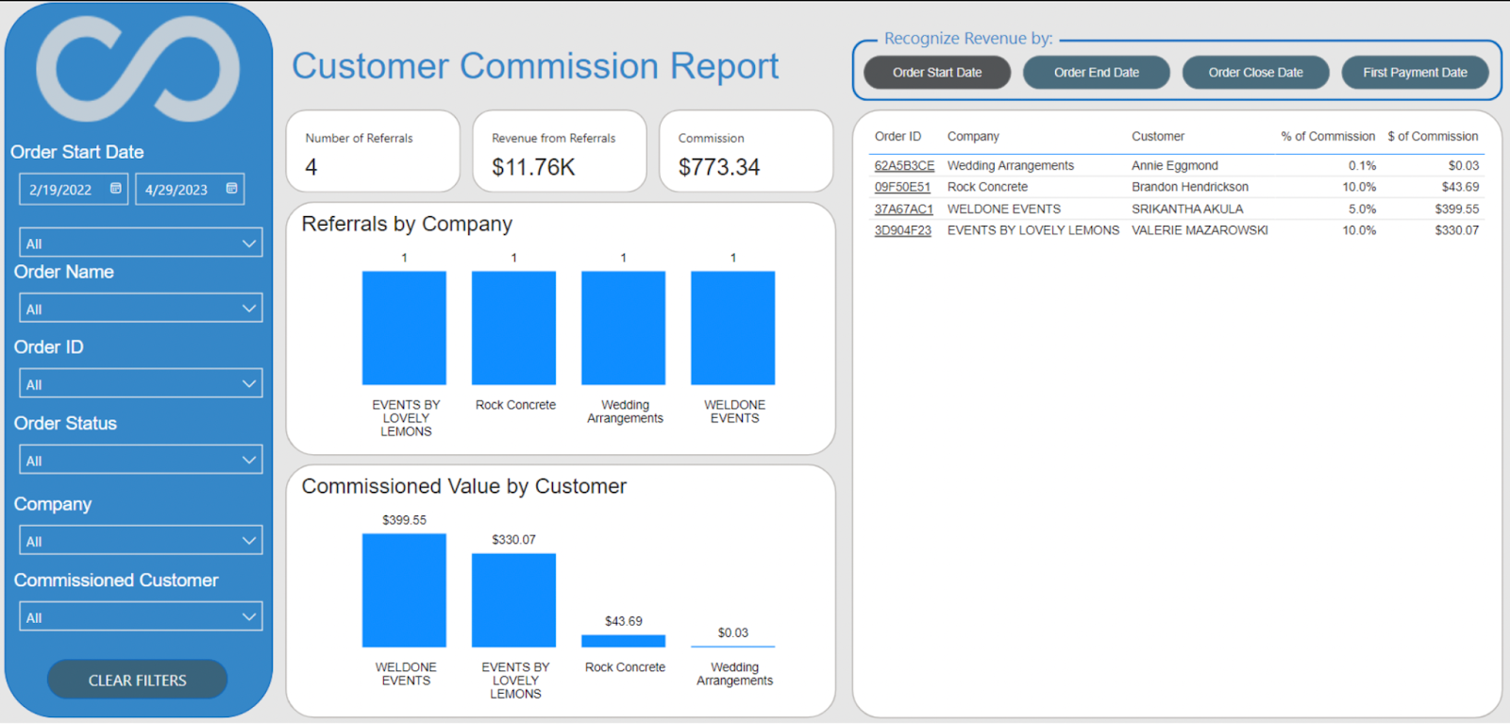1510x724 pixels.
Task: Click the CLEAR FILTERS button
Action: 137,680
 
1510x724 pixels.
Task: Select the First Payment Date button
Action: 1414,73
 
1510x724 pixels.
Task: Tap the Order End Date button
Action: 1096,73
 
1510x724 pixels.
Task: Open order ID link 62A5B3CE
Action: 903,166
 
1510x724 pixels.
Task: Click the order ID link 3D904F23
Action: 902,230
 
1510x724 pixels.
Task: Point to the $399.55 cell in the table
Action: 1456,209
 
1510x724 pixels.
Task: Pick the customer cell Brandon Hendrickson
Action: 1189,187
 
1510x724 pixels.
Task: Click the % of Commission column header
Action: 1327,137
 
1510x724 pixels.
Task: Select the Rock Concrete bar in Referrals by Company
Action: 513,328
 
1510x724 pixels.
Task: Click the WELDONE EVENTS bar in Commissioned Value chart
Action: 404,590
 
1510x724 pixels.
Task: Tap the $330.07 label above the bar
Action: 513,540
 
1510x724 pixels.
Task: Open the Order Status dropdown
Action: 141,461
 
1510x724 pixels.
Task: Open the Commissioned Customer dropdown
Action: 141,617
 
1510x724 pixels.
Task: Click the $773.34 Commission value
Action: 718,167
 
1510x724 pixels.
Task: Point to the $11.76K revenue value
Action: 533,167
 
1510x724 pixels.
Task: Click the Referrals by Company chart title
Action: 407,224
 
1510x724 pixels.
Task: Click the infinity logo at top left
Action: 138,69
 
